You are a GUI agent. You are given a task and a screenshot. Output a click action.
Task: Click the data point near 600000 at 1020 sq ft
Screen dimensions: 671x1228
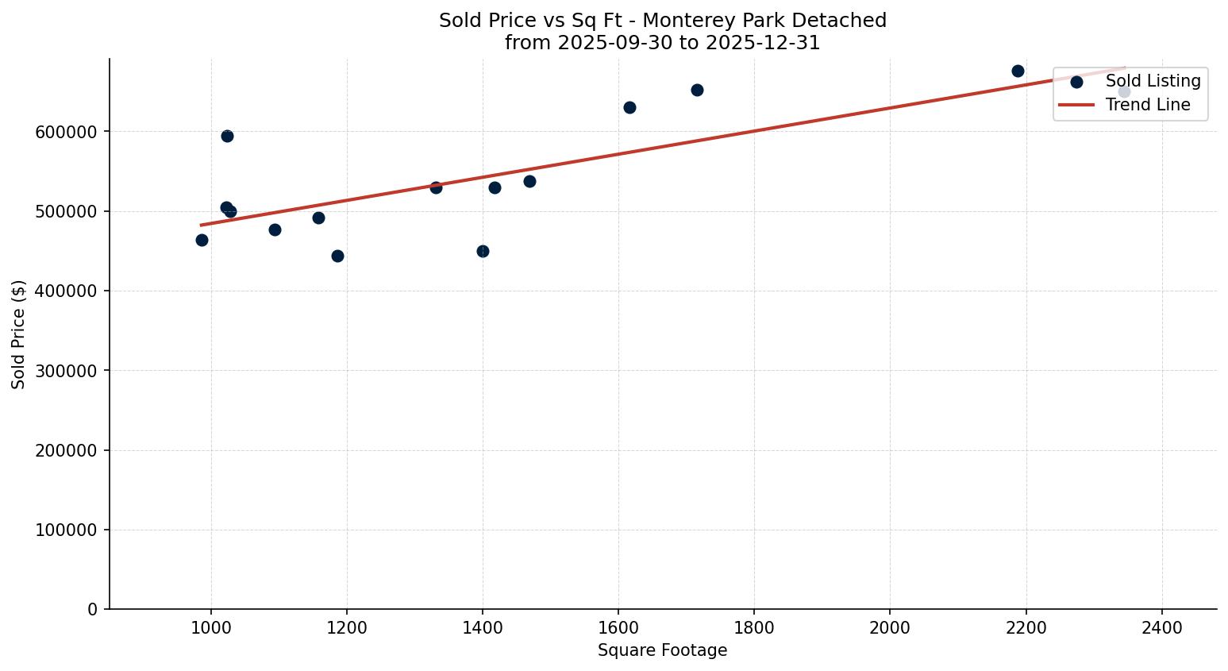click(227, 136)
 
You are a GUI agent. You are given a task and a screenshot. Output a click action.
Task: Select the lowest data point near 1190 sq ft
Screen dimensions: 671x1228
click(337, 256)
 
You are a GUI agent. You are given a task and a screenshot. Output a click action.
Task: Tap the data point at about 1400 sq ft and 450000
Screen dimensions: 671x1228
click(483, 251)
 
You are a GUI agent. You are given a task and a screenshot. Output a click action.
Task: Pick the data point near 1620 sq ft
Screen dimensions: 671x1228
click(629, 107)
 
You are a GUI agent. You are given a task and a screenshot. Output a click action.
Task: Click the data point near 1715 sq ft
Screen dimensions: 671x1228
click(697, 90)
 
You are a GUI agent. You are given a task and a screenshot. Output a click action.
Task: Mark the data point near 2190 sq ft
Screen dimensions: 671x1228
click(1018, 71)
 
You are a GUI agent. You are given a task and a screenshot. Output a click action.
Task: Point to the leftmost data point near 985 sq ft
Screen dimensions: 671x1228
click(202, 240)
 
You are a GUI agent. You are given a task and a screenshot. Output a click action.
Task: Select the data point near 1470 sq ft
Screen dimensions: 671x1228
click(529, 181)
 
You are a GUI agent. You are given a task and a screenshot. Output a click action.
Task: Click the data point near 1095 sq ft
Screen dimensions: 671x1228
click(275, 229)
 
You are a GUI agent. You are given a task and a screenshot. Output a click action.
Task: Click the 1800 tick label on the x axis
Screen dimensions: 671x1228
click(753, 627)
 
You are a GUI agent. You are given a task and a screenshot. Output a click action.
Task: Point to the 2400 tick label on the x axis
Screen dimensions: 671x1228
click(1161, 627)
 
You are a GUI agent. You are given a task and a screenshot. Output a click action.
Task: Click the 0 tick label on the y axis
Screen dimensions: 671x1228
click(93, 609)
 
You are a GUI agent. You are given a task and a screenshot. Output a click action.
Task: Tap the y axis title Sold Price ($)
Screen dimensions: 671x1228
click(19, 334)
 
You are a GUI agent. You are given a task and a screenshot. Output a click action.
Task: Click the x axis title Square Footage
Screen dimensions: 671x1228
click(662, 650)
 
